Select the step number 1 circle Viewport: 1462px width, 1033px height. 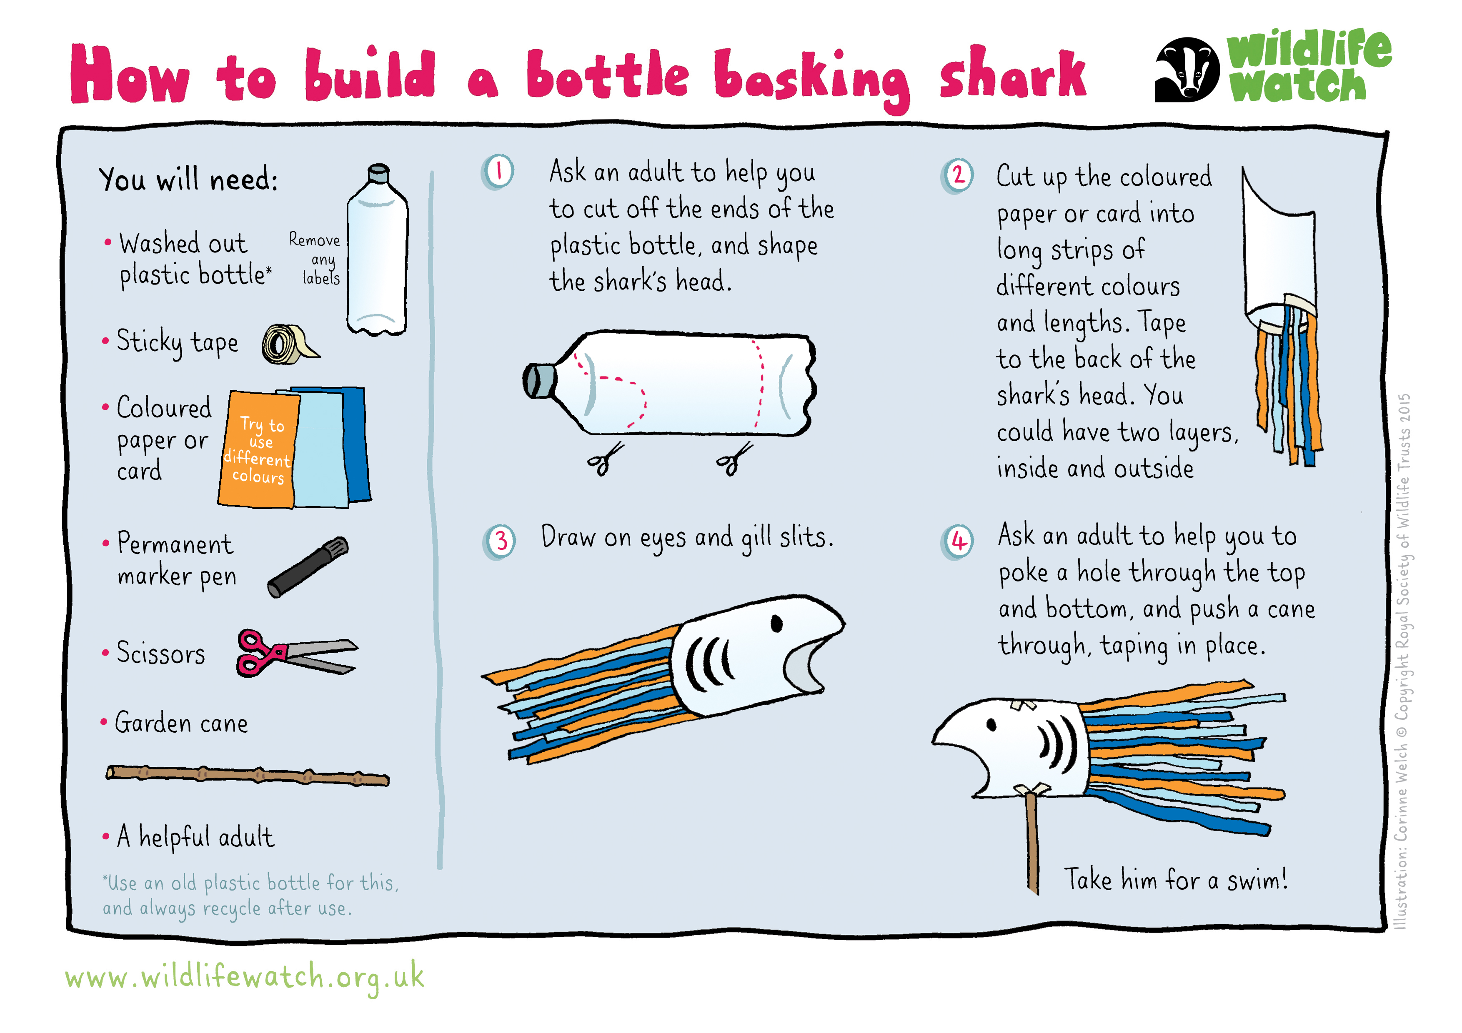(498, 171)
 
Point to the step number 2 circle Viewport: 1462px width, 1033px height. (957, 175)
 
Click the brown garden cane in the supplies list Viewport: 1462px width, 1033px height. (248, 775)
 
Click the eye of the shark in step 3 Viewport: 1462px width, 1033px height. (776, 623)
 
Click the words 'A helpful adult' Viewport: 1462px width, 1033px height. (195, 836)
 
